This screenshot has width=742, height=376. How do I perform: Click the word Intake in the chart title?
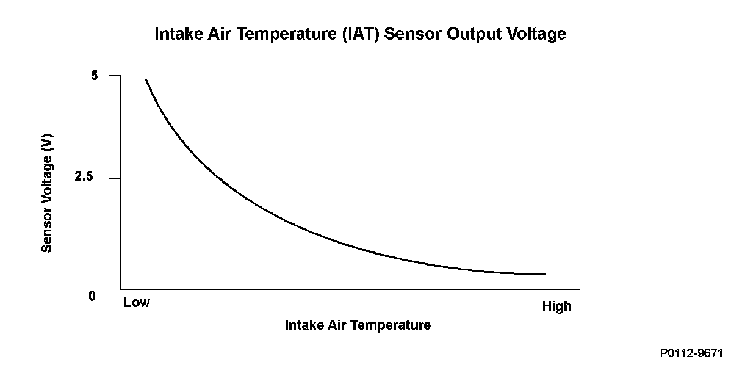click(175, 34)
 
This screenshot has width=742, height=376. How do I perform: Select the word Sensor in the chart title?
click(414, 34)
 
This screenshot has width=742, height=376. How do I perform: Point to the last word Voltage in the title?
click(536, 34)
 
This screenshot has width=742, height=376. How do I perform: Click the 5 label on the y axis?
click(95, 76)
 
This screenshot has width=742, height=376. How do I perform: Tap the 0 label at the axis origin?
click(93, 296)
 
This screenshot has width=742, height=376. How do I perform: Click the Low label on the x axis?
click(136, 302)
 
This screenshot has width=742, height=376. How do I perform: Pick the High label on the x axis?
click(556, 306)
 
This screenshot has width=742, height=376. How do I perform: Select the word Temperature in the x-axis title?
click(394, 325)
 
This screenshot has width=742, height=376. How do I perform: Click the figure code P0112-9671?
click(691, 353)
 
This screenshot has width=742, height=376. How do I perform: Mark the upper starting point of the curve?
click(146, 79)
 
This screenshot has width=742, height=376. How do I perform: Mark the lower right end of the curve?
click(545, 274)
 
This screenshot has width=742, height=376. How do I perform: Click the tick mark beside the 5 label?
click(115, 76)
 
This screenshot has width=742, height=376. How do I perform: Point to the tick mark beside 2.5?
click(115, 178)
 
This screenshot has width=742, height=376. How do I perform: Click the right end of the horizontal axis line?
click(578, 289)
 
